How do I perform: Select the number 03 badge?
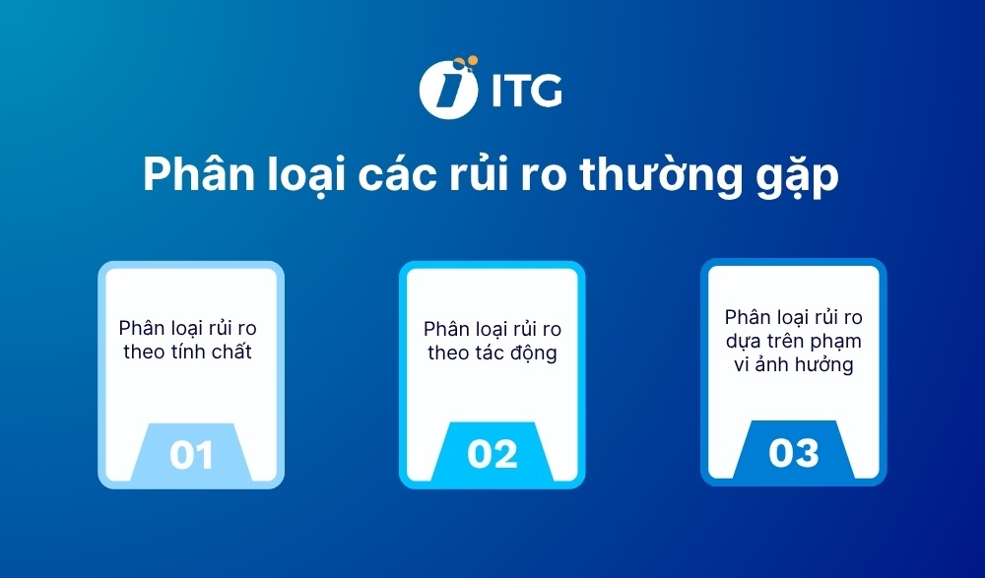click(x=793, y=453)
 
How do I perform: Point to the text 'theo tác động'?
click(x=492, y=353)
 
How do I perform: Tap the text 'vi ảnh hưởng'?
click(x=793, y=364)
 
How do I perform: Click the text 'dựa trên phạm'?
click(x=793, y=341)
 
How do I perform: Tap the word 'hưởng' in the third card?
click(x=825, y=364)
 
